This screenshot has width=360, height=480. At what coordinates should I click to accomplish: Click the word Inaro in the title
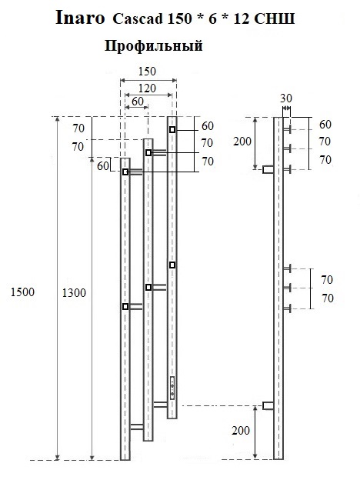click(x=80, y=18)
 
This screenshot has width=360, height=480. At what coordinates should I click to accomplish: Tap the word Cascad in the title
click(x=138, y=19)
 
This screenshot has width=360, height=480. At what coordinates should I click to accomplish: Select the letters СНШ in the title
click(x=275, y=19)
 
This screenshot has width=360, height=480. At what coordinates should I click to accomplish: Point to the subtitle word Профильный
click(x=154, y=46)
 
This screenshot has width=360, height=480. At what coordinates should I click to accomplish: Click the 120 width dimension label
click(x=147, y=88)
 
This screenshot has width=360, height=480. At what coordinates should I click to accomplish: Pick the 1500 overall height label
click(x=22, y=292)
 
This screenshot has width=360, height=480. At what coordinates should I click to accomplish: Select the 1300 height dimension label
click(x=74, y=293)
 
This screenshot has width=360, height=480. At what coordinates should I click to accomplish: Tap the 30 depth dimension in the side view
click(x=286, y=98)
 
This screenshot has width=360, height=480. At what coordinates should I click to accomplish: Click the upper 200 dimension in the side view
click(x=242, y=142)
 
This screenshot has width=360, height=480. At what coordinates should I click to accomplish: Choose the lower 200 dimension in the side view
click(x=241, y=431)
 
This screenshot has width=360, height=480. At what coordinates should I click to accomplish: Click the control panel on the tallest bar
click(x=172, y=388)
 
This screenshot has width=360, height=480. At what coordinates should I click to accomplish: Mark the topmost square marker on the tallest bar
click(x=172, y=129)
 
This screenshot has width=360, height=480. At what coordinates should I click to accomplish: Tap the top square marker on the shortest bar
click(x=125, y=172)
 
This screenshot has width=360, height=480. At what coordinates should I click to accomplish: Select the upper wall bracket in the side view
click(x=268, y=169)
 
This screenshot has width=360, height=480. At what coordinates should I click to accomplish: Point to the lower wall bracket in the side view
click(x=268, y=405)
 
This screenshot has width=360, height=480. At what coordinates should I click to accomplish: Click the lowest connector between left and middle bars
click(x=137, y=427)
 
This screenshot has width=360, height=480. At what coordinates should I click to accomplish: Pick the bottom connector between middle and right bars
click(x=161, y=405)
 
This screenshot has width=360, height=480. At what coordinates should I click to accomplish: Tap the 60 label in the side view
click(x=325, y=125)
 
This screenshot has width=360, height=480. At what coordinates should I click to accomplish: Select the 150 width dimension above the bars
click(x=147, y=72)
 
